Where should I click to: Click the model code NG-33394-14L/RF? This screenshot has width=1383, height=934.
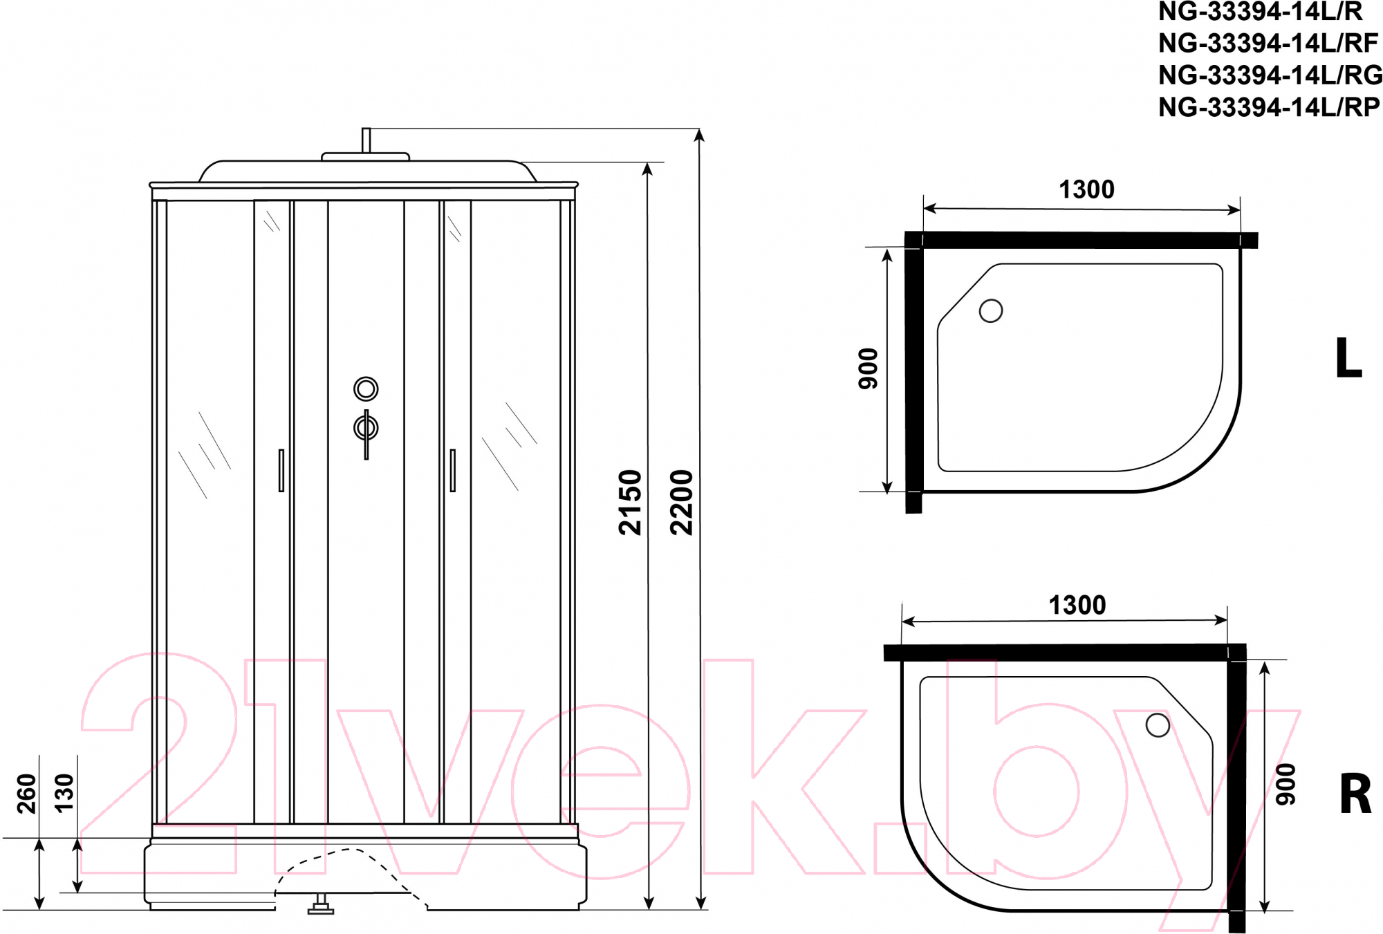coord(1268,43)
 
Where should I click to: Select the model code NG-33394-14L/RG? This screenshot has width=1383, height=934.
coord(1270,75)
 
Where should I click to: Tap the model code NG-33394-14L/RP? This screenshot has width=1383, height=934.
coord(1269,106)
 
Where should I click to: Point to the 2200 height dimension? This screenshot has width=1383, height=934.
coord(681,503)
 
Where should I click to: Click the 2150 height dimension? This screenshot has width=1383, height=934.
coord(630,503)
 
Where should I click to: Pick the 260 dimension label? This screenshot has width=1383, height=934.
coord(26,794)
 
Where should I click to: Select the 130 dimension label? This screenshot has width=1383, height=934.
coord(64,794)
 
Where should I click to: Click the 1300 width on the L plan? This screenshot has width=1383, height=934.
coord(1086,189)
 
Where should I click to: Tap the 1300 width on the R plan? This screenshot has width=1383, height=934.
coord(1077,605)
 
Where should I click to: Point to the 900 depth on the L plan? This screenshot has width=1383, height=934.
coord(868,368)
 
